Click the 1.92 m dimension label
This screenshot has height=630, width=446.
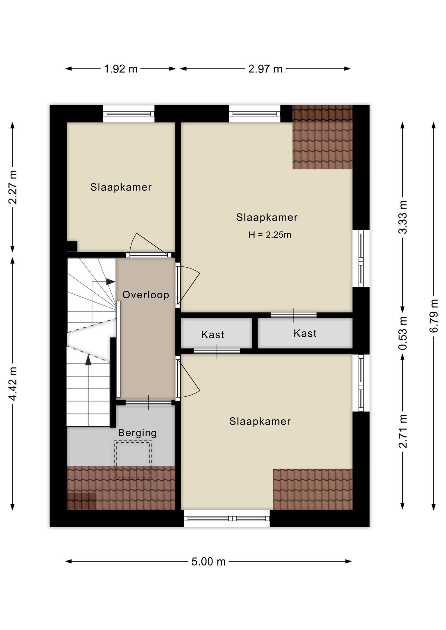[121, 69]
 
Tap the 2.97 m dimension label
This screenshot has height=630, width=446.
[265, 69]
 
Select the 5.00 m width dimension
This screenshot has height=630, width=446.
[209, 561]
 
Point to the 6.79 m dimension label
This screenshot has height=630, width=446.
[434, 316]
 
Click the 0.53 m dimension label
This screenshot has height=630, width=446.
[403, 333]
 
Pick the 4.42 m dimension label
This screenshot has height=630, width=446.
[12, 384]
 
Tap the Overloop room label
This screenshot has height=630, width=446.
[146, 295]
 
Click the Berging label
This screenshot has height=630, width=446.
[137, 433]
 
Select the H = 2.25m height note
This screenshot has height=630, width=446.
[270, 235]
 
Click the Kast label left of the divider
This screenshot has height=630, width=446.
[212, 335]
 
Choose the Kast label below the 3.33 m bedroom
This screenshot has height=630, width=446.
[305, 333]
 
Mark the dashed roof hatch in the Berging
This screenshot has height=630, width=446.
[133, 460]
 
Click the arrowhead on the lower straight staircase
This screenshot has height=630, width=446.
[88, 360]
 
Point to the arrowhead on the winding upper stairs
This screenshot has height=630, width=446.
[111, 282]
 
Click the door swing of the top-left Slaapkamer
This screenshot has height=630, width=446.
[148, 243]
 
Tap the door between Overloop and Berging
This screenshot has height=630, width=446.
[148, 403]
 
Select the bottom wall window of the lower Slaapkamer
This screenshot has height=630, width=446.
[227, 518]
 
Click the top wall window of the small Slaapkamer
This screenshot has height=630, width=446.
[129, 114]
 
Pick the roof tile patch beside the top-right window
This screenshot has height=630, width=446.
[323, 137]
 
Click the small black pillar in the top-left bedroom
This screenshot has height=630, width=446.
[72, 246]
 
